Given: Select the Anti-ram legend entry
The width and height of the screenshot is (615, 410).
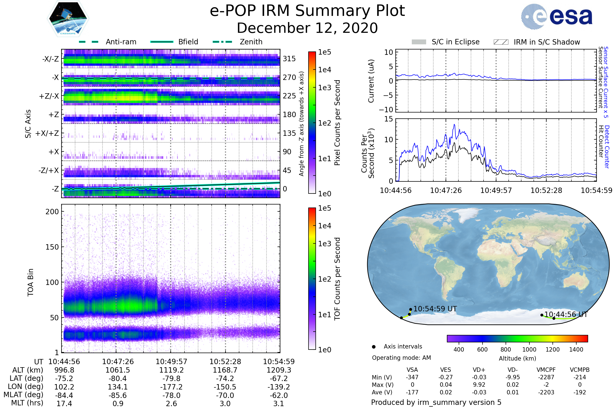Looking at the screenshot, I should pyautogui.click(x=121, y=42).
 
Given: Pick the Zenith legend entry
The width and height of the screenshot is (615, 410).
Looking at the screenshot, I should pyautogui.click(x=251, y=42).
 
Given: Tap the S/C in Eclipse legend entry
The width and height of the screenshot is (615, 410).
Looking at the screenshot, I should pyautogui.click(x=455, y=42).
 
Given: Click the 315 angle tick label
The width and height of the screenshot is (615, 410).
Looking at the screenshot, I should pyautogui.click(x=289, y=59).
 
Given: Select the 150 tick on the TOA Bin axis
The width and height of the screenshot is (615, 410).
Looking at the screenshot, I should pyautogui.click(x=52, y=247).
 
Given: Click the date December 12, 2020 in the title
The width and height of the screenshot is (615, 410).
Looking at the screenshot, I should pyautogui.click(x=307, y=28).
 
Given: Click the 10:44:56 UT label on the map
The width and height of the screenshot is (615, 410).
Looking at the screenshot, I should pyautogui.click(x=566, y=315).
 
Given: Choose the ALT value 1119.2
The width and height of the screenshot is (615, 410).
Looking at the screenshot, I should pyautogui.click(x=171, y=370).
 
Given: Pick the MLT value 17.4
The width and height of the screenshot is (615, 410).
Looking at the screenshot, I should pyautogui.click(x=64, y=403).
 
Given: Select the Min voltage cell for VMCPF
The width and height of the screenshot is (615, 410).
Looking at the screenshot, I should pyautogui.click(x=546, y=377).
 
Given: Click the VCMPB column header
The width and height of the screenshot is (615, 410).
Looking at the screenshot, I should pyautogui.click(x=579, y=370).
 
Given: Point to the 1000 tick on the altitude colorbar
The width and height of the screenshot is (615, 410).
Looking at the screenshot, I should pyautogui.click(x=529, y=350).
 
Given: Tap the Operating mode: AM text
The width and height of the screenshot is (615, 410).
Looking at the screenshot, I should pyautogui.click(x=401, y=358).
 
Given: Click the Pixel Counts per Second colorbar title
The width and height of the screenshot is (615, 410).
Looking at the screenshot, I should pyautogui.click(x=337, y=123).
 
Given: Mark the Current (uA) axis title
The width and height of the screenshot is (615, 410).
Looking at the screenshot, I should pyautogui.click(x=371, y=81).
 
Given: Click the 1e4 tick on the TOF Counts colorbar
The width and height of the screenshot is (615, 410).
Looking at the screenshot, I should pyautogui.click(x=324, y=226).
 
